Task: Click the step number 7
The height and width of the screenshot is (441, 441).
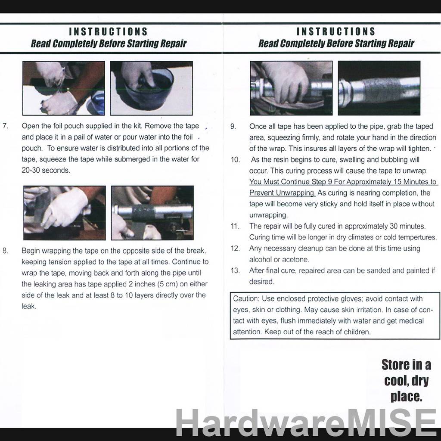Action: (x=5, y=126)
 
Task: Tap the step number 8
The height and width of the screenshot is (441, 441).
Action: (x=5, y=251)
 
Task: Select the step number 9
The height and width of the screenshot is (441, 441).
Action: (x=233, y=126)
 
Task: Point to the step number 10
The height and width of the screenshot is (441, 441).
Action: (x=235, y=160)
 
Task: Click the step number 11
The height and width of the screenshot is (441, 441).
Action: (x=235, y=226)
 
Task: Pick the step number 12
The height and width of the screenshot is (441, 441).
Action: (x=235, y=248)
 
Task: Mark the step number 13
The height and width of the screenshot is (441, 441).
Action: (x=235, y=271)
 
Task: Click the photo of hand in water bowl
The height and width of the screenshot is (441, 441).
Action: (x=151, y=88)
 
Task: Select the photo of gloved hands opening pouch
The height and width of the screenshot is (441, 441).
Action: (x=63, y=88)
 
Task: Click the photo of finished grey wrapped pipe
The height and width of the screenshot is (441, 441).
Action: (x=379, y=88)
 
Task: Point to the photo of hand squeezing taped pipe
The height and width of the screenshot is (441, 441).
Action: (x=291, y=88)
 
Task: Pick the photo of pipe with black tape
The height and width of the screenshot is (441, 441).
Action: (x=152, y=213)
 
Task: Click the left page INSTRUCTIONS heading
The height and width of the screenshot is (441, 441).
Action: (x=109, y=32)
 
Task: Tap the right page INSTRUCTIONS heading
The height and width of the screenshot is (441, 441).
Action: (x=336, y=32)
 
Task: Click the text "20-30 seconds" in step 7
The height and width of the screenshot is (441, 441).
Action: (x=45, y=171)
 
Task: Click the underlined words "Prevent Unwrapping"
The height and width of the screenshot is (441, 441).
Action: (x=282, y=193)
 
